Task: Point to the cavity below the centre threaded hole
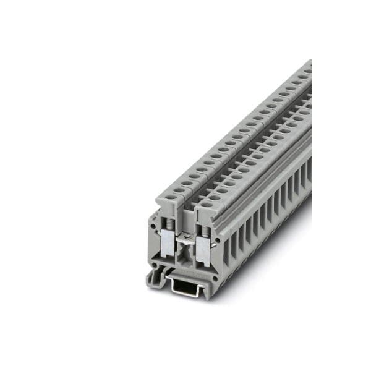(x=184, y=254)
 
